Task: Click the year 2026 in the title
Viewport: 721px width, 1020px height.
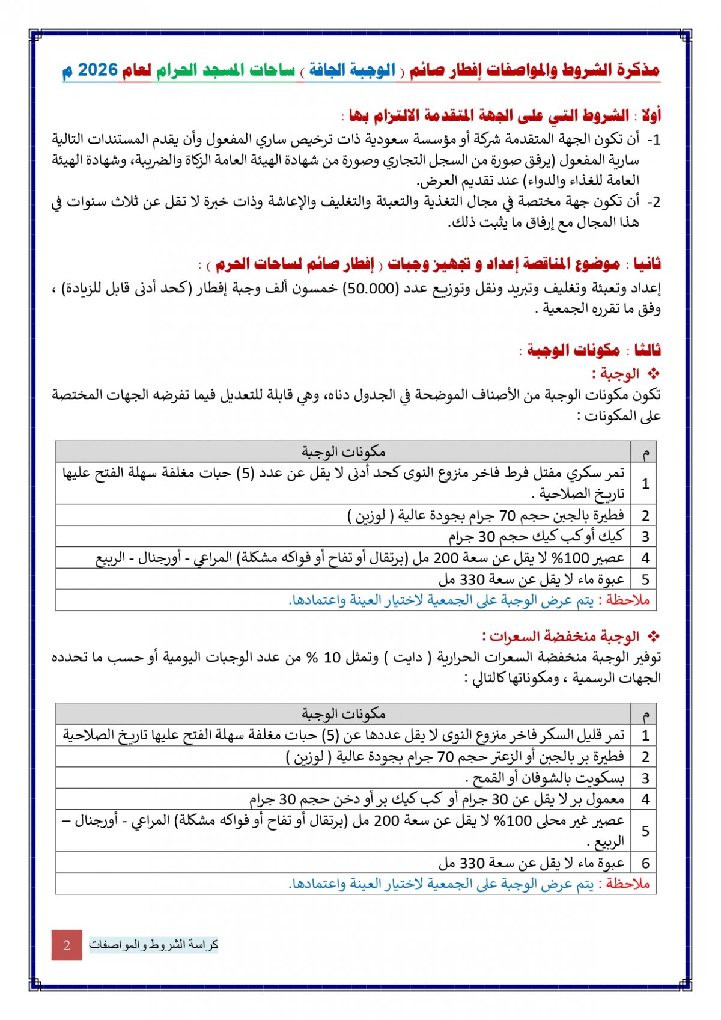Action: [98, 70]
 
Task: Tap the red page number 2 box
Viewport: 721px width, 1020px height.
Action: [67, 945]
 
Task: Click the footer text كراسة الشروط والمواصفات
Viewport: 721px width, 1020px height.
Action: [154, 945]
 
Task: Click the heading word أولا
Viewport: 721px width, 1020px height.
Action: [650, 115]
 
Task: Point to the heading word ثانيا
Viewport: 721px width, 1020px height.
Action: [647, 264]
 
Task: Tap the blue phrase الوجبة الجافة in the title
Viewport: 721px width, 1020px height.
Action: [352, 70]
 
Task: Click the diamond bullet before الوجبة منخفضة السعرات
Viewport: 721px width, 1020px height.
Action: [653, 636]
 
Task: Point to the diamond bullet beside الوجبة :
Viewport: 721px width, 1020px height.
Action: [653, 374]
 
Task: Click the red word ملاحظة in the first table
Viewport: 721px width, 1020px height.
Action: [628, 600]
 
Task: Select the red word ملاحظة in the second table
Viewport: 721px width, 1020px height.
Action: [628, 884]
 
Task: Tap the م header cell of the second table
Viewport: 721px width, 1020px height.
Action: [645, 714]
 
